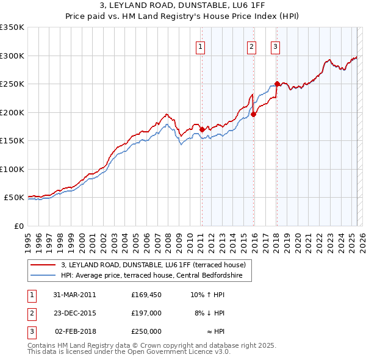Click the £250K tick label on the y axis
click(x=12, y=84)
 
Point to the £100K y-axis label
click(x=12, y=169)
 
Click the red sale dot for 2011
click(x=202, y=129)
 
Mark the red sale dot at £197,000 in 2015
click(x=253, y=114)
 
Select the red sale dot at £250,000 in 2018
click(x=276, y=84)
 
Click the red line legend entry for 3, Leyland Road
click(x=152, y=265)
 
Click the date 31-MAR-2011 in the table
click(x=74, y=295)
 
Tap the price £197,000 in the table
click(x=146, y=313)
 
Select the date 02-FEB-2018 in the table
click(x=74, y=331)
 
